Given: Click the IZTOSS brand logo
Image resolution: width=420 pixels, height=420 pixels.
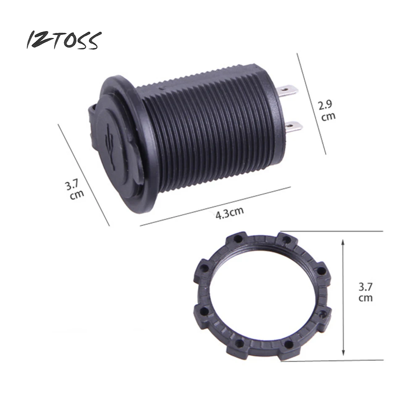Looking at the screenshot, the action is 64,40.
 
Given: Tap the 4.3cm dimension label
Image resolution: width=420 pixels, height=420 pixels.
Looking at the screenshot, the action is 230,213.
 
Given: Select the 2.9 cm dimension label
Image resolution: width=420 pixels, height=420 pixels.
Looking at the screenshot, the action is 327,110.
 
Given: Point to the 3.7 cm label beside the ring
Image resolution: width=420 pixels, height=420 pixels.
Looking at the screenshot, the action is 366,292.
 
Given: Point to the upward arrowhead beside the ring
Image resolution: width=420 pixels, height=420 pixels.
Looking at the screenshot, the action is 343,243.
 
